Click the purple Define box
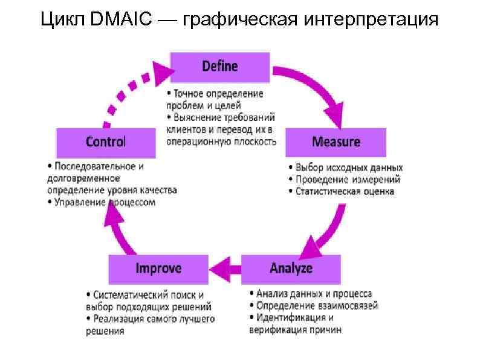[x=219, y=67]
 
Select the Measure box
[x=336, y=142]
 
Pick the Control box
[x=106, y=142]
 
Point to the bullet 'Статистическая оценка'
[x=345, y=191]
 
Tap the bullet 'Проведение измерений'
[x=348, y=179]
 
